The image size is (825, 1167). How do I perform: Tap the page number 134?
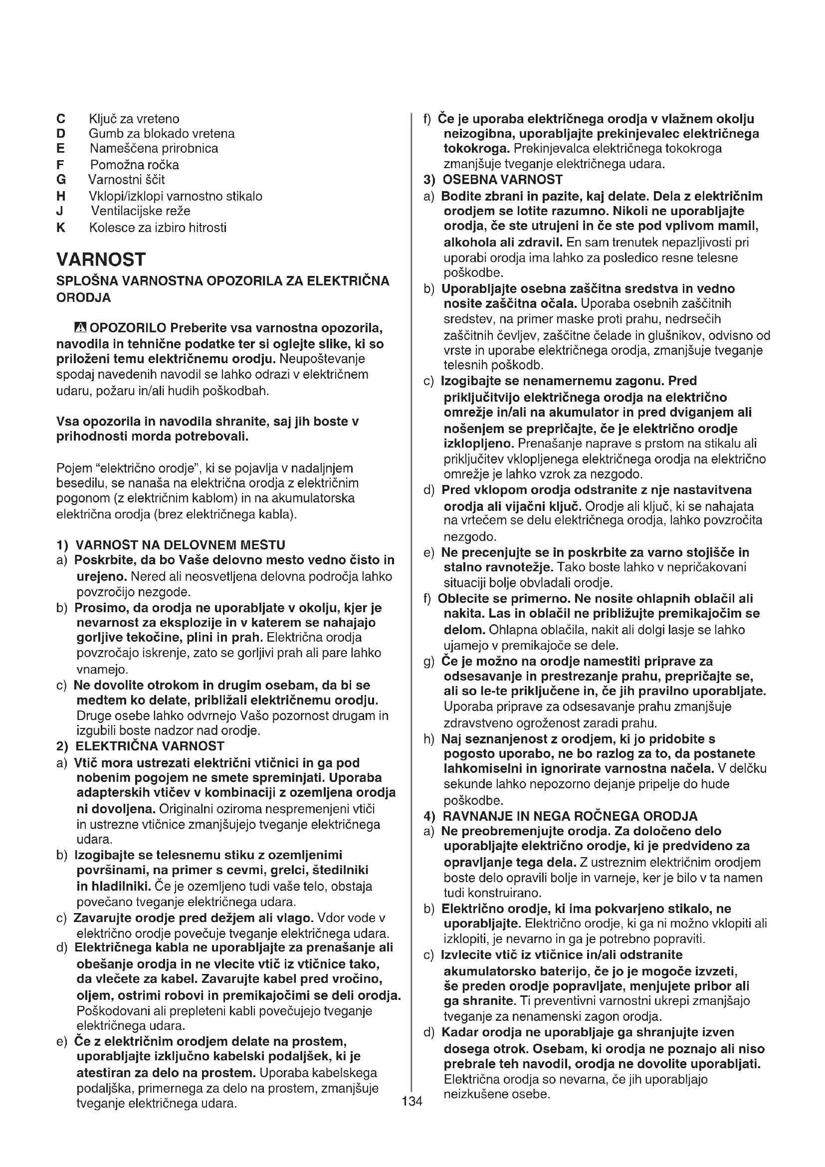[412, 1101]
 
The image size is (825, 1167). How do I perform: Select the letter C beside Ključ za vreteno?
[61, 119]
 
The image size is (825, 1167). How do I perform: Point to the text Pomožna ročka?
[135, 165]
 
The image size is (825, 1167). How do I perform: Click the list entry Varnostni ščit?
[127, 180]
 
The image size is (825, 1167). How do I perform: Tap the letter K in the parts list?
[61, 227]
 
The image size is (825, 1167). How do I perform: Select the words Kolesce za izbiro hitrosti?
[158, 227]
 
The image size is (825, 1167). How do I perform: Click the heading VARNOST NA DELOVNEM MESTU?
[180, 545]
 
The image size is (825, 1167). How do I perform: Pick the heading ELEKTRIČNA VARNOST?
[149, 746]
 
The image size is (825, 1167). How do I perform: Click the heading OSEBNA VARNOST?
[502, 180]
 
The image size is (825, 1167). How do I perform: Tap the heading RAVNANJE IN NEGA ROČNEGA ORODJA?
[570, 816]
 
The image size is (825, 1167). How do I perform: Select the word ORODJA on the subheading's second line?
[83, 297]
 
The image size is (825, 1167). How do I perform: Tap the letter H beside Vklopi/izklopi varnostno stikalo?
[61, 196]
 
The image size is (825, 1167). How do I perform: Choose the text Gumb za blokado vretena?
[162, 134]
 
